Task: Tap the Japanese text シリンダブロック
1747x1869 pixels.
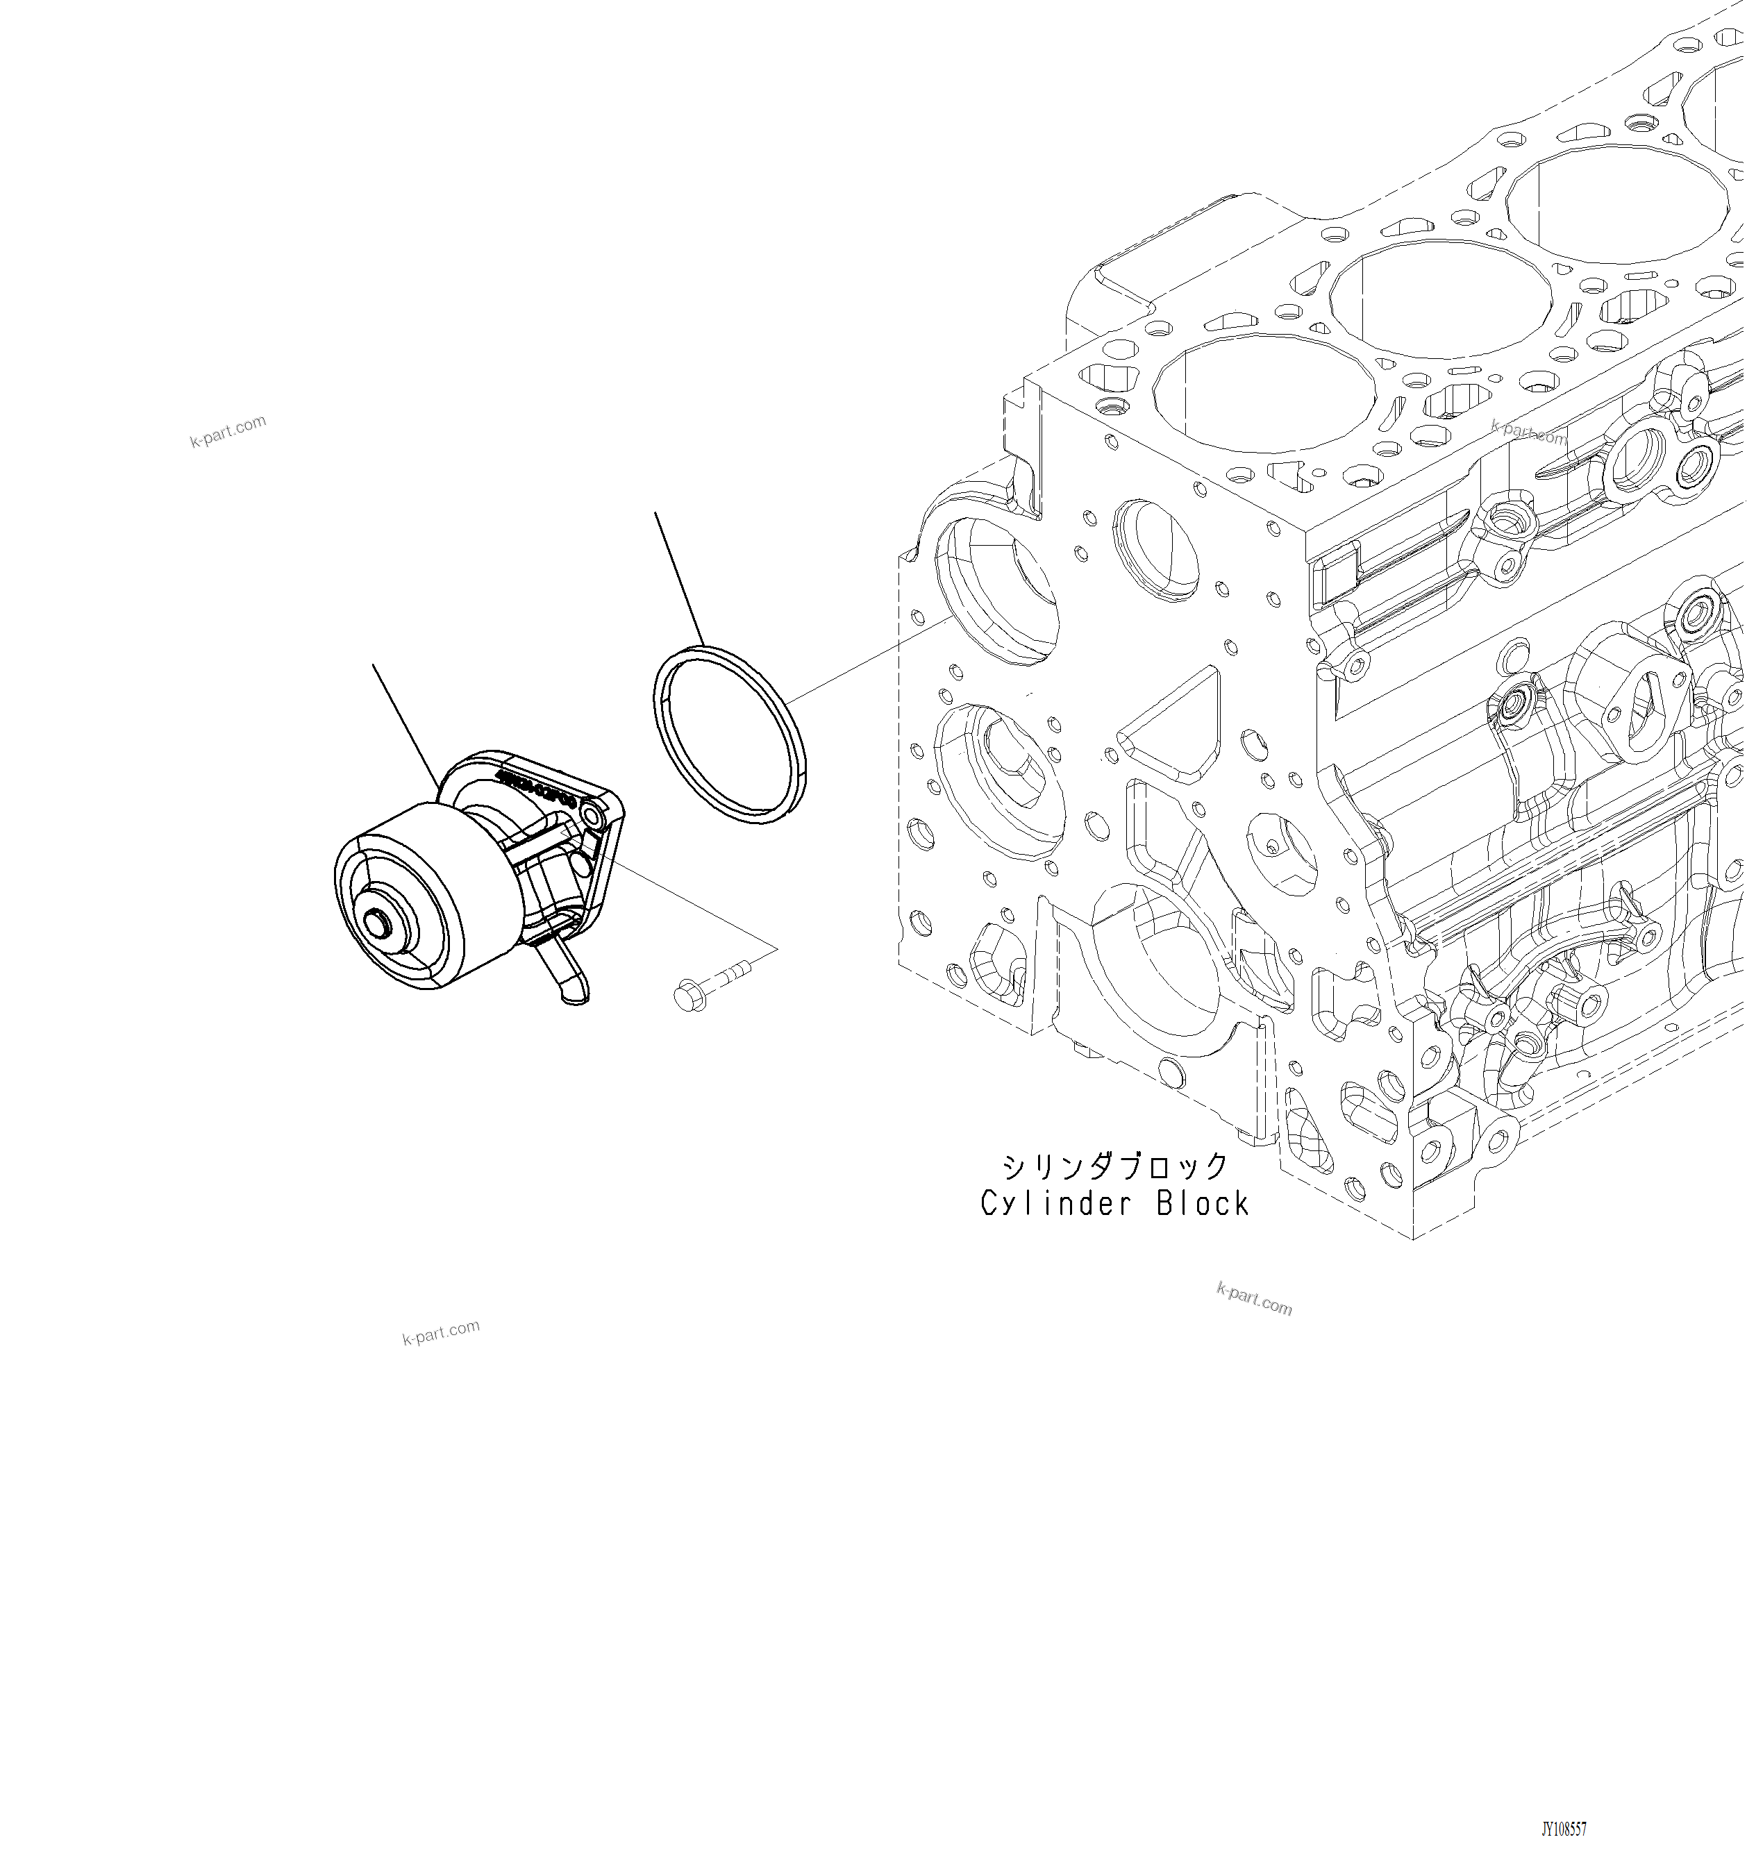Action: pos(1115,1166)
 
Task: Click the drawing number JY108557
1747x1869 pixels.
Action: pos(1564,1829)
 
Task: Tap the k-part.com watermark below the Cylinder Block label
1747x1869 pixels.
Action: pos(1253,1299)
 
